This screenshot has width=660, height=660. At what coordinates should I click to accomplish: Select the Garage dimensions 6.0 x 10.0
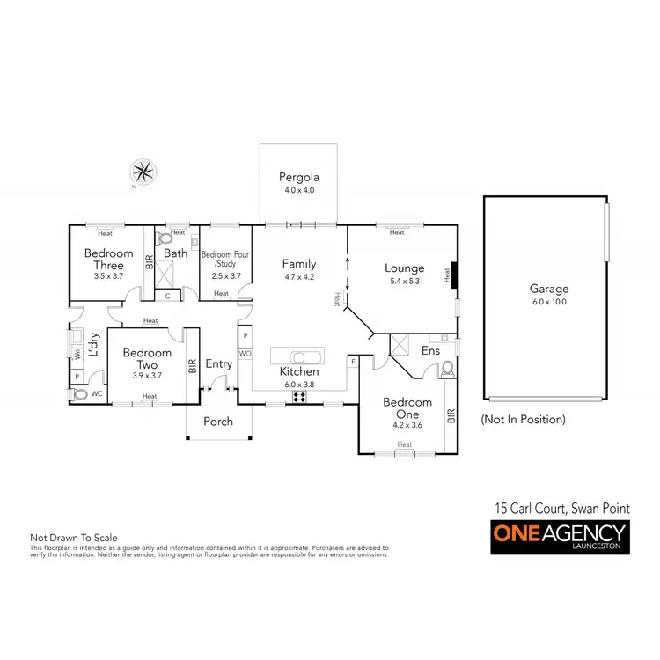click(547, 302)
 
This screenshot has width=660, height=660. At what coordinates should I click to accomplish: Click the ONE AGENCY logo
click(558, 536)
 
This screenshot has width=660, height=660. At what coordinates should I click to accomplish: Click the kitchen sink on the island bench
click(298, 356)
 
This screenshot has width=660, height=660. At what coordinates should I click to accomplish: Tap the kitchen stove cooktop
click(298, 395)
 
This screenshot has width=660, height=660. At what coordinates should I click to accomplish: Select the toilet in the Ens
click(446, 367)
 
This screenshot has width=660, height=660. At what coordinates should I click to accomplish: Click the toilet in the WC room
click(81, 395)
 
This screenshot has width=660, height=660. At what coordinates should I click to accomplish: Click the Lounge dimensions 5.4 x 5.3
click(404, 282)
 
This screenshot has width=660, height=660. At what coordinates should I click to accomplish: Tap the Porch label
click(218, 422)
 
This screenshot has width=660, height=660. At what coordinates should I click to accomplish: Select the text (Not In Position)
click(523, 420)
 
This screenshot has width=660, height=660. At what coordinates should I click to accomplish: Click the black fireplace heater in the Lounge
click(448, 275)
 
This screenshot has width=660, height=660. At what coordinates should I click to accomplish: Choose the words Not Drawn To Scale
click(74, 538)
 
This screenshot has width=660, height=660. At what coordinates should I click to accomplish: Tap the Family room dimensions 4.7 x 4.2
click(298, 277)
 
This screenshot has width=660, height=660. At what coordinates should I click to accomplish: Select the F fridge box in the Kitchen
click(352, 361)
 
